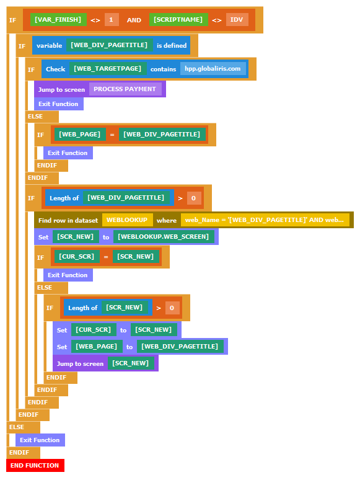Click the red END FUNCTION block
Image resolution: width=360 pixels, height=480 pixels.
point(35,465)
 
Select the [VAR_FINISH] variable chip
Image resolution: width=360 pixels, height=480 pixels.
point(58,20)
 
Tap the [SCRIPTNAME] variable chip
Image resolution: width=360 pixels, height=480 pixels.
point(178,20)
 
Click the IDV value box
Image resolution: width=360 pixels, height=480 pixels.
point(237,20)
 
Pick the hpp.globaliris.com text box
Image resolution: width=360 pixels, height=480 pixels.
point(213,69)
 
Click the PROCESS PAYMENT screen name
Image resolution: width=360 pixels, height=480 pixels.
point(125,89)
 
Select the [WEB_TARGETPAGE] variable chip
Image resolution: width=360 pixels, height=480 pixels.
point(108,69)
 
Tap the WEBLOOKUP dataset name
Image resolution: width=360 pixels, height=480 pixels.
point(127,220)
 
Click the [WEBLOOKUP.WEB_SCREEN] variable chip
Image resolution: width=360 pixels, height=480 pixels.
point(164,237)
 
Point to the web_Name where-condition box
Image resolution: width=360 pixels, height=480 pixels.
point(265,220)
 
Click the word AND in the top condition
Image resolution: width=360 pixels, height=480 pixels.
point(134,20)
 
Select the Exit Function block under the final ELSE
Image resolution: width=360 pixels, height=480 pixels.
point(40,440)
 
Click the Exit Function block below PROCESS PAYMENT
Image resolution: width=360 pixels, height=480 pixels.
point(59,104)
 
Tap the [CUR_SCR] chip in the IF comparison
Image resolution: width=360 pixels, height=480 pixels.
point(77,257)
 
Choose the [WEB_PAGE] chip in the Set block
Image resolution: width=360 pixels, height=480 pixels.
point(97,347)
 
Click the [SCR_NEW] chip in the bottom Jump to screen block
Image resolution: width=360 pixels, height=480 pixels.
point(131,363)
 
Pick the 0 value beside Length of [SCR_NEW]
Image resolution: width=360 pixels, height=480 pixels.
point(172,308)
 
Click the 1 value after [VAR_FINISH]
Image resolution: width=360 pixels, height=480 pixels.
point(112,20)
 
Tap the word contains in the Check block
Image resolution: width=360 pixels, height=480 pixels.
point(164,69)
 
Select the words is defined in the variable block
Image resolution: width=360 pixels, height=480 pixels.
point(172,45)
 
